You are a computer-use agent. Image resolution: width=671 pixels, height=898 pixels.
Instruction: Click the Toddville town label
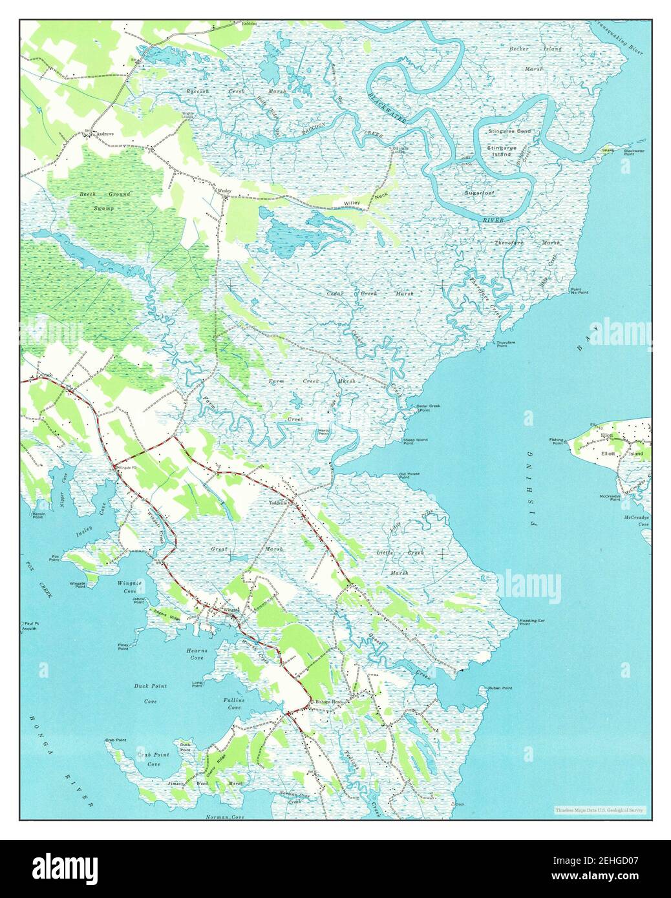(x=282, y=503)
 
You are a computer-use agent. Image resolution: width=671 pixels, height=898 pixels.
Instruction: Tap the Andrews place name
(x=104, y=134)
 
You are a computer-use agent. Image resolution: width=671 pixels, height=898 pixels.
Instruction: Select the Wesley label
(x=224, y=191)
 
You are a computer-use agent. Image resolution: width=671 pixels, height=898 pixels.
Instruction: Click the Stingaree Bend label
(x=510, y=131)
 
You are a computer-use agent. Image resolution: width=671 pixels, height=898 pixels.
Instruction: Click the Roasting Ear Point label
(x=533, y=622)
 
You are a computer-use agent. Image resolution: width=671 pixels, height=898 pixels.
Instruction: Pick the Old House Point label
(x=409, y=475)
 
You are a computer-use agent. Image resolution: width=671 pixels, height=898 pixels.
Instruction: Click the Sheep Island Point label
(x=415, y=442)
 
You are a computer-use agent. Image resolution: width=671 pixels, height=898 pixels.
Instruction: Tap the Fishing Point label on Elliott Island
(x=556, y=442)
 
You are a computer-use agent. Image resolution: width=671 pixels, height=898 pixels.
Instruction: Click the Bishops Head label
(x=326, y=702)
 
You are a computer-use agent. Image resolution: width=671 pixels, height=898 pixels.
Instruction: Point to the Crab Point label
(x=116, y=740)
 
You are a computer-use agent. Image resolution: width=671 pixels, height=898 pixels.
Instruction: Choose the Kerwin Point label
(x=37, y=516)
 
